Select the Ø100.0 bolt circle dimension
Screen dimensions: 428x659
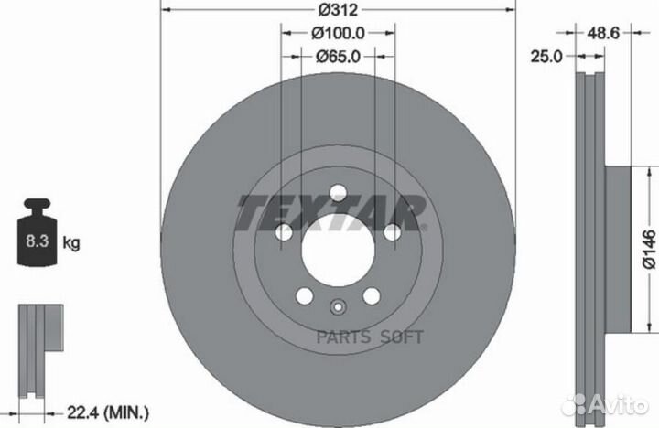pos(337,33)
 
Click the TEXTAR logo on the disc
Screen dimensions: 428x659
pos(331,213)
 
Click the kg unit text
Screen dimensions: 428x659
pos(72,243)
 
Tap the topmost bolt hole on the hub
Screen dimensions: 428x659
pos(337,192)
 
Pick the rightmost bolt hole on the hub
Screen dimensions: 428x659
pos(392,233)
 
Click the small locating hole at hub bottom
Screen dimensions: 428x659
pos(337,307)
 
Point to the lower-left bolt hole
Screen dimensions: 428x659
pos(303,296)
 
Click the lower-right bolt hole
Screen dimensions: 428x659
pos(371,296)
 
